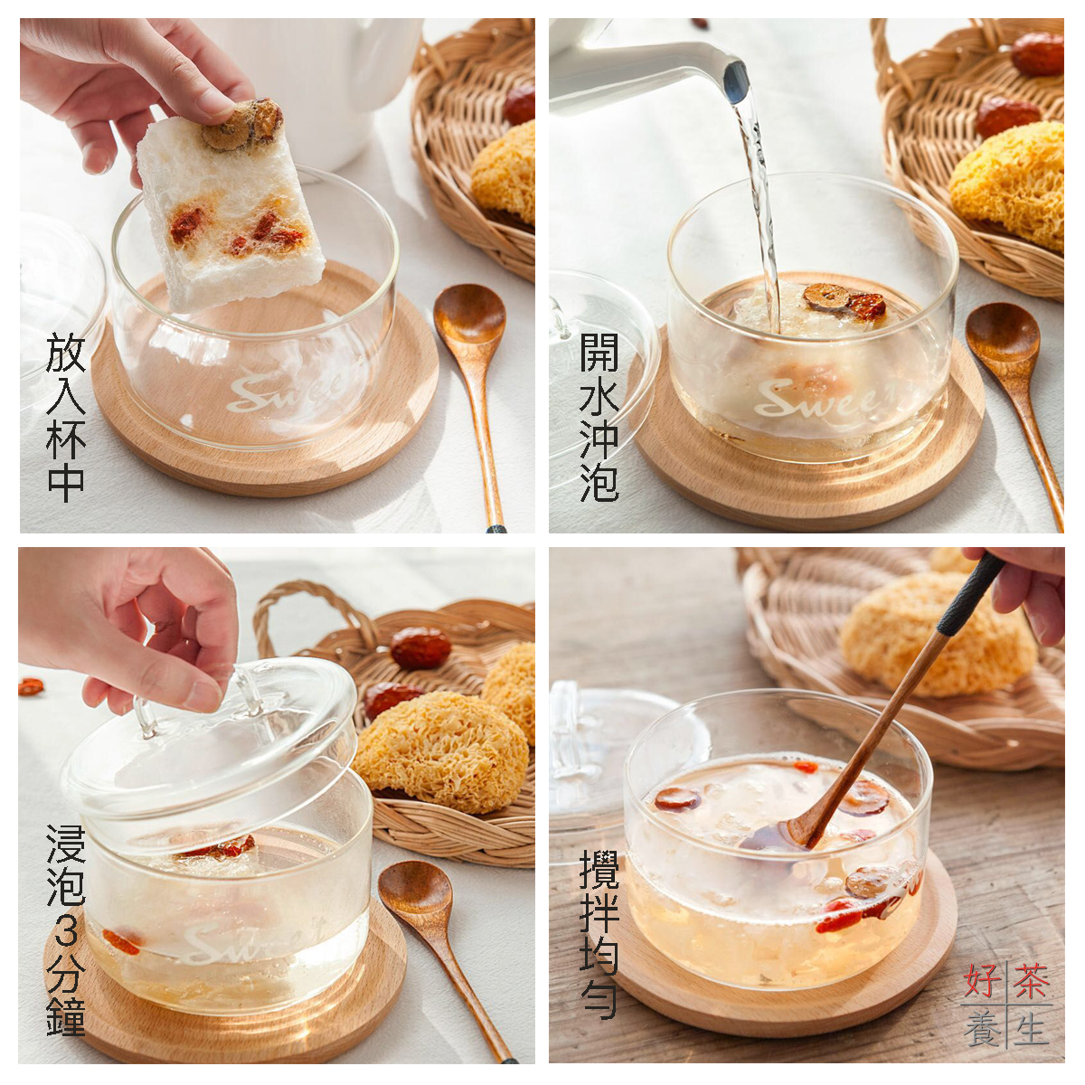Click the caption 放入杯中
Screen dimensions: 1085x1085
[66, 417]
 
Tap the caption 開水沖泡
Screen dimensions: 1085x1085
[599, 417]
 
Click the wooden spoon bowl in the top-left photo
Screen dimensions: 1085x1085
[469, 316]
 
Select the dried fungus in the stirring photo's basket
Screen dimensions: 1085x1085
[938, 634]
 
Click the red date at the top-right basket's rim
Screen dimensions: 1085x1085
[1037, 54]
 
